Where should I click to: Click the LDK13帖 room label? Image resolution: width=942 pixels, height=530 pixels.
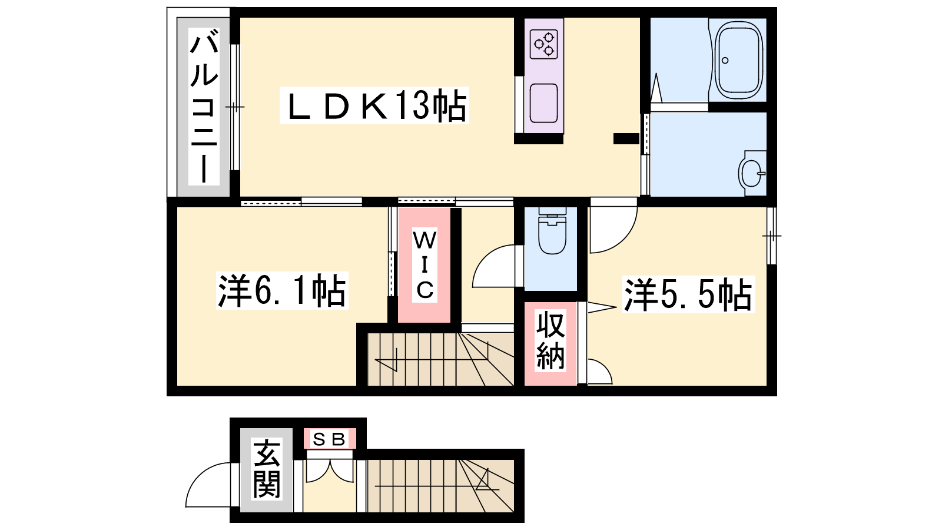374,105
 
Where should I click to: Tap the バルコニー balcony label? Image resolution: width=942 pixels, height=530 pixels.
204,107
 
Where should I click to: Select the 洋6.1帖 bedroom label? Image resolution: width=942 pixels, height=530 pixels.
282,291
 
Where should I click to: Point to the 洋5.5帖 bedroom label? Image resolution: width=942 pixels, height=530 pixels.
688,294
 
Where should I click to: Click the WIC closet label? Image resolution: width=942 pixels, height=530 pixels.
424,266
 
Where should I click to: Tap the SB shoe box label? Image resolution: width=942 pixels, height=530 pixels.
330,439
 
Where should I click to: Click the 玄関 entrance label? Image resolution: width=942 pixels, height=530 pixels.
267,469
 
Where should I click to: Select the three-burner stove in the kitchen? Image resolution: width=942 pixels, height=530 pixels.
544,44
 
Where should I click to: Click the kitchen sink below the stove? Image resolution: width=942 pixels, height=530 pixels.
544,103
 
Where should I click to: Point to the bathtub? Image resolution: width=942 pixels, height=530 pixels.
739,59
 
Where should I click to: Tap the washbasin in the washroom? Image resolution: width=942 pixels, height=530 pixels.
752,173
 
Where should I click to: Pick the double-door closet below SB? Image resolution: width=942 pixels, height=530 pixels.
330,471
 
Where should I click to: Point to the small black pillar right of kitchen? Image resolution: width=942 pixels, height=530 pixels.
626,138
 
